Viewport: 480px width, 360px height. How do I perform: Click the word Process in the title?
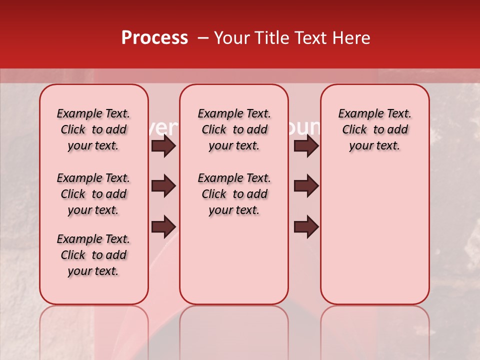point(154,38)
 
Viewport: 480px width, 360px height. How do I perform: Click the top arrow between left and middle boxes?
point(163,146)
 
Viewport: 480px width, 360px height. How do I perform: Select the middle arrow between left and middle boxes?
point(163,186)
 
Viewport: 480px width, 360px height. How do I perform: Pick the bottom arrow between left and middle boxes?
point(163,226)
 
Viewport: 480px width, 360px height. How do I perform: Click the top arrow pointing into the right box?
point(306,146)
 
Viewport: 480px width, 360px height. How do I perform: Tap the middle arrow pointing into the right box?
point(306,186)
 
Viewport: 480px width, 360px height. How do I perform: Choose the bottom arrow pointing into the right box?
point(306,226)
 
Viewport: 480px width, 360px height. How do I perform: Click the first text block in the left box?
point(93,129)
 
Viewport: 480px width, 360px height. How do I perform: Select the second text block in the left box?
point(93,194)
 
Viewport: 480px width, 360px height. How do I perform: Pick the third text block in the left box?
point(93,255)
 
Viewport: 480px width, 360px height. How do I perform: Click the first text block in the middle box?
point(234,129)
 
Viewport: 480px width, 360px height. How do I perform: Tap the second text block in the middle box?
point(234,194)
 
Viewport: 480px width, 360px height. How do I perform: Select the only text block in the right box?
point(374,129)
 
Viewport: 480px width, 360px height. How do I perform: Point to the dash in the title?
point(203,38)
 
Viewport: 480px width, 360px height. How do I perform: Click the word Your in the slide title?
point(229,38)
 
